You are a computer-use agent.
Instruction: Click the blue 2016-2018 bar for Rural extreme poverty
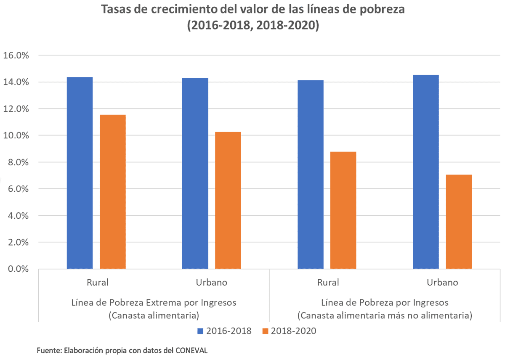click(x=80, y=172)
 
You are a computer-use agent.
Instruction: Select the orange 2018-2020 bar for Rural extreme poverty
click(x=112, y=191)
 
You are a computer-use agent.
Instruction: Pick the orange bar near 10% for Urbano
click(x=228, y=200)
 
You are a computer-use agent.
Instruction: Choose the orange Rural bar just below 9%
click(x=343, y=210)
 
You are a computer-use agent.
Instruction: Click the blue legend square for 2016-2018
click(x=201, y=331)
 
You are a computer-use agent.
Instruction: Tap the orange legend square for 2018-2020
click(x=265, y=331)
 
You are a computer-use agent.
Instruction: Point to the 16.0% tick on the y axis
click(x=16, y=56)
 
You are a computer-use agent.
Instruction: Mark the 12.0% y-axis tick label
click(x=16, y=109)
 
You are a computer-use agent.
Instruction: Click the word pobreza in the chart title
click(x=379, y=10)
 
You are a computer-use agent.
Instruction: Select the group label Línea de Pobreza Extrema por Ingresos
click(x=154, y=302)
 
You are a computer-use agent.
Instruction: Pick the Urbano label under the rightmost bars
click(x=442, y=282)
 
